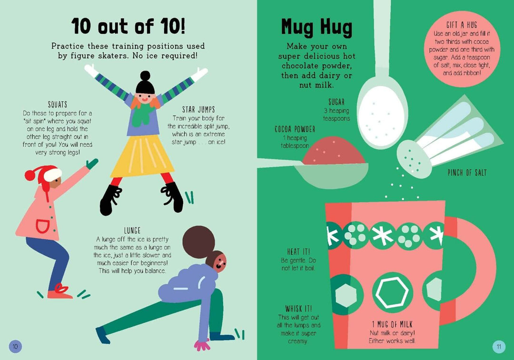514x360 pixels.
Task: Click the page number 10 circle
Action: [15, 346]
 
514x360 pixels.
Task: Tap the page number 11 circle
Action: [499, 347]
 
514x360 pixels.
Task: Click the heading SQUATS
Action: [58, 105]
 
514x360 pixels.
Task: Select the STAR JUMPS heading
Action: [198, 110]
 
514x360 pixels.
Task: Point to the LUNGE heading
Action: [132, 230]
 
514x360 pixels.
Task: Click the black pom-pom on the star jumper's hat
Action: [145, 76]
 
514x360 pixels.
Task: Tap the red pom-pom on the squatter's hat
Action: [30, 175]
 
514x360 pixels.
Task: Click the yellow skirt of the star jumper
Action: [142, 156]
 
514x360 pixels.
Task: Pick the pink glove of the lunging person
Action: [202, 345]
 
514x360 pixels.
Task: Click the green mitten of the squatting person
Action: [92, 163]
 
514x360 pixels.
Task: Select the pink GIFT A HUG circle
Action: [462, 48]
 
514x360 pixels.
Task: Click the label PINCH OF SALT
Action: [467, 172]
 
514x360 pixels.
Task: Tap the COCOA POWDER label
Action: [295, 129]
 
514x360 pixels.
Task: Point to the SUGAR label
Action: [336, 102]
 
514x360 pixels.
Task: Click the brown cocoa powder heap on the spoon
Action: [333, 151]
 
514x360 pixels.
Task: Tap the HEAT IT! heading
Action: [298, 252]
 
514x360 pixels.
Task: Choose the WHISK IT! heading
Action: [298, 309]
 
